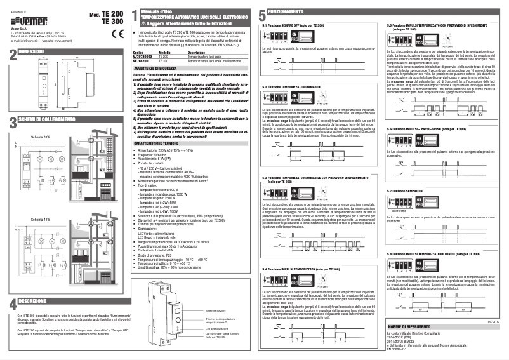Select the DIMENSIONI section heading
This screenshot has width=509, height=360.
32,50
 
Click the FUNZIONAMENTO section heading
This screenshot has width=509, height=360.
286,12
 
